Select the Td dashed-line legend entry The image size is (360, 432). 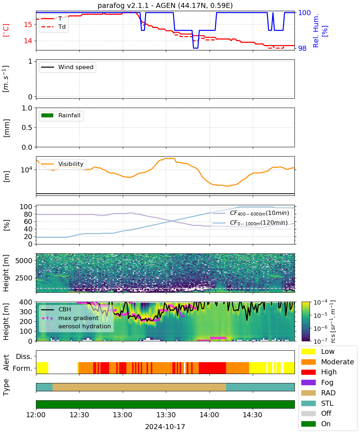pyautogui.click(x=53, y=27)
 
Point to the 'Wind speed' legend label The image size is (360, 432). pyautogui.click(x=76, y=67)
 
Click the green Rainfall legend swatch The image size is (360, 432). pyautogui.click(x=48, y=116)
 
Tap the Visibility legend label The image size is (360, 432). pyautogui.click(x=71, y=164)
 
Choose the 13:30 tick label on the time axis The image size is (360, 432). pyautogui.click(x=166, y=415)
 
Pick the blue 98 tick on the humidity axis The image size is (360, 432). pyautogui.click(x=302, y=48)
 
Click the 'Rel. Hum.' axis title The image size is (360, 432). pyautogui.click(x=316, y=31)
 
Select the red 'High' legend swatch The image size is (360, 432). pyautogui.click(x=308, y=372)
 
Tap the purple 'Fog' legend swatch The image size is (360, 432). pyautogui.click(x=308, y=383)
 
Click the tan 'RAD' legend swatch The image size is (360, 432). pyautogui.click(x=308, y=393)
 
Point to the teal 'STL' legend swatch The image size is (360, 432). pyautogui.click(x=308, y=403)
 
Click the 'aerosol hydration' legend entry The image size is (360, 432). pyautogui.click(x=76, y=326)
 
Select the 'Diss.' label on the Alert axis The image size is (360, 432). pyautogui.click(x=24, y=356)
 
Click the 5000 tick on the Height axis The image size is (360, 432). pyautogui.click(x=24, y=261)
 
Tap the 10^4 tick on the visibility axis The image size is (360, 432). pyautogui.click(x=27, y=170)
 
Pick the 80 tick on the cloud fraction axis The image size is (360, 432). pyautogui.click(x=28, y=214)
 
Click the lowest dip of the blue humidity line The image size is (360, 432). pyautogui.click(x=195, y=48)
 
